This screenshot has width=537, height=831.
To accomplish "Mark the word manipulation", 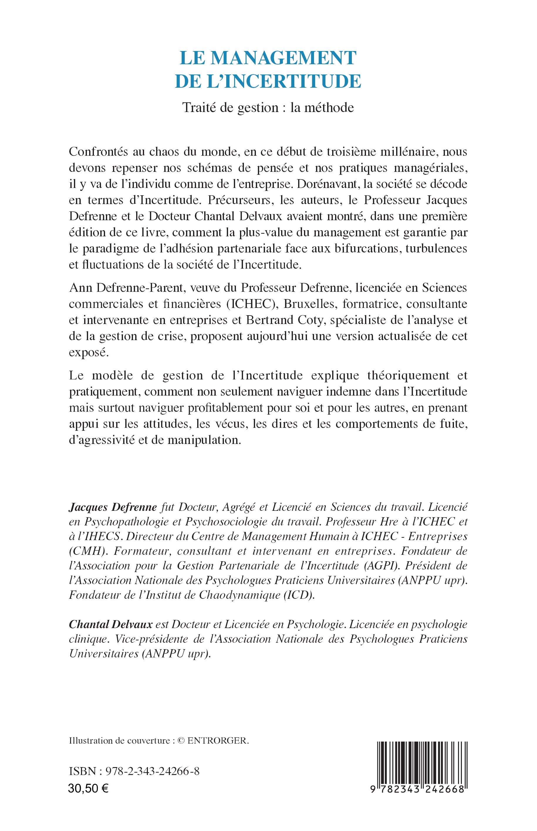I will [x=204, y=440].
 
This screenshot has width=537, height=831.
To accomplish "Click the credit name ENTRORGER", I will [x=218, y=741].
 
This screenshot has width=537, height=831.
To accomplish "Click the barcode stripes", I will [x=422, y=757].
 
